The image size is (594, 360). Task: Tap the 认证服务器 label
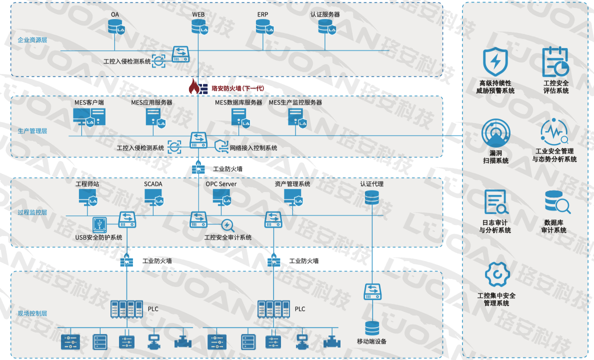pos(325,14)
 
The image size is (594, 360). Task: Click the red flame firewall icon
pos(194,87)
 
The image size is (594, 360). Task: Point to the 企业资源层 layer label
pos(32,39)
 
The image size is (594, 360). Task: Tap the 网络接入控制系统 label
pos(253,148)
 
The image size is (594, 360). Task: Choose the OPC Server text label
pos(221,184)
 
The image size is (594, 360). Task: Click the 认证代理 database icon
pos(371,198)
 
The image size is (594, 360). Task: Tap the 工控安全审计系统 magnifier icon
pos(227,225)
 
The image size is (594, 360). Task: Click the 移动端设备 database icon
pos(372,328)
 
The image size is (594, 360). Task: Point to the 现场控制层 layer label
pos(32,313)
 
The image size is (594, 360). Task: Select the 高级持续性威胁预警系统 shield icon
pos(495,62)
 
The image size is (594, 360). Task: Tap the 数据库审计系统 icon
pos(556,202)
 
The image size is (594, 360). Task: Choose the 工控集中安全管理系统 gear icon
pos(496,274)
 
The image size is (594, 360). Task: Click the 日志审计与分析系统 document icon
pos(495,202)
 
